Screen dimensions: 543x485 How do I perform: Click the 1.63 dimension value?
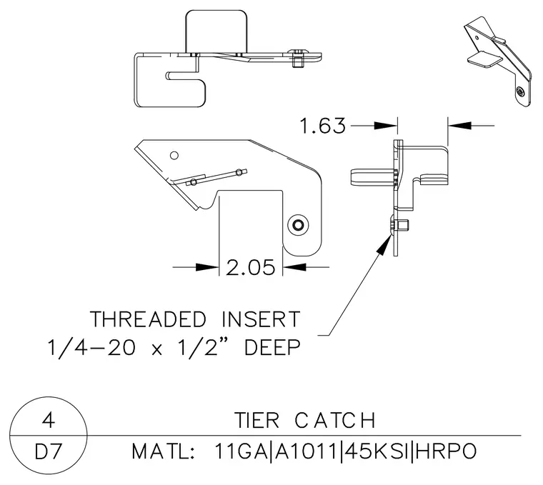[x=323, y=126]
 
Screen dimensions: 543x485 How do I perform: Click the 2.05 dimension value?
[x=251, y=267]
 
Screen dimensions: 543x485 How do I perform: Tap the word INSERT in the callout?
[x=261, y=319]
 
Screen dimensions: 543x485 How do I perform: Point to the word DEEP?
[x=272, y=347]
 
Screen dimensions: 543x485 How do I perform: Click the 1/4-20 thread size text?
[x=91, y=347]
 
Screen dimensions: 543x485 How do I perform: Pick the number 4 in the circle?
[x=49, y=420]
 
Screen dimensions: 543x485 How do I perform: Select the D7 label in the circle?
[x=49, y=451]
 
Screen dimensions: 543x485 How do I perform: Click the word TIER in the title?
[x=256, y=420]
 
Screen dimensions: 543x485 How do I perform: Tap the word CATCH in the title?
[x=335, y=420]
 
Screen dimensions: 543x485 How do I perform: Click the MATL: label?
[x=163, y=451]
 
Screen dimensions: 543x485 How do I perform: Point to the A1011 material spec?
[x=306, y=451]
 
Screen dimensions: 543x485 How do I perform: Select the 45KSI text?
[x=376, y=451]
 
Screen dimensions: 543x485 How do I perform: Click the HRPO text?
[x=446, y=451]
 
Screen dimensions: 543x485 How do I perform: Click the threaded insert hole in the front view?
[x=298, y=226]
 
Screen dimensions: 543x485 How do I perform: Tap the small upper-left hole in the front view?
[x=174, y=156]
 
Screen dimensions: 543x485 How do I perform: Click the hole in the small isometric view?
[x=520, y=91]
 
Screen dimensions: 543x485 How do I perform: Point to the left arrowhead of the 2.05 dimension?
[x=207, y=267]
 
